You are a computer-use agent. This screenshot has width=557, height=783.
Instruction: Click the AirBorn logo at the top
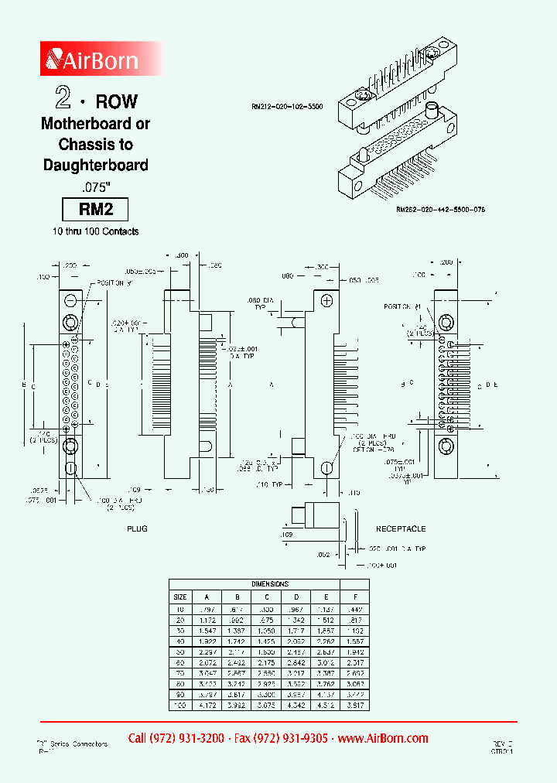coord(93,60)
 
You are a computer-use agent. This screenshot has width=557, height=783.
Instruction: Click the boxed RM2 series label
coord(94,210)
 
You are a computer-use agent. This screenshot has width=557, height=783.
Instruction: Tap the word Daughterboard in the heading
coord(95,165)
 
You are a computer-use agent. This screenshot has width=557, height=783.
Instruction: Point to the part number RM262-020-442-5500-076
coord(445,210)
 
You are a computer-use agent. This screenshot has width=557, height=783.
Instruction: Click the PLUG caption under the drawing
coord(137,529)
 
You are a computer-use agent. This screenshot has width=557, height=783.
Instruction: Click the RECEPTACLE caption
coord(401,529)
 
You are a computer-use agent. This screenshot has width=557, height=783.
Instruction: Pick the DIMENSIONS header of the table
coord(269,584)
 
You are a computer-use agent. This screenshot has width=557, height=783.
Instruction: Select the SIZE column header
coord(179,597)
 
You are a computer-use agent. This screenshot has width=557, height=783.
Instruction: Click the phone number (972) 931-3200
coord(176,739)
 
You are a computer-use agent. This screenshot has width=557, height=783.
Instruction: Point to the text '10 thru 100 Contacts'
coord(95,231)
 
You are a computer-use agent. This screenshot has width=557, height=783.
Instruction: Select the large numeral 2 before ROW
coord(63,98)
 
